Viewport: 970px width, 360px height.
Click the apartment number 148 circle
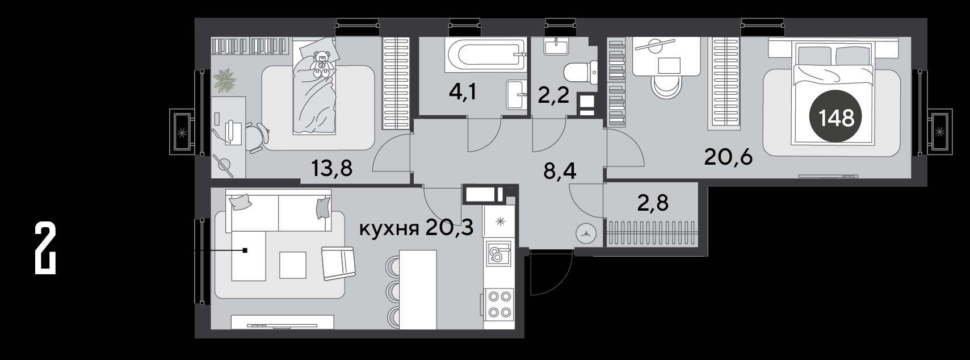pyautogui.click(x=836, y=116)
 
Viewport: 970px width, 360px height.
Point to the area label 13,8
pyautogui.click(x=332, y=168)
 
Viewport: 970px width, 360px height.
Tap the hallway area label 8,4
pyautogui.click(x=560, y=171)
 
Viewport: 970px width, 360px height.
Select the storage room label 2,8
pyautogui.click(x=653, y=202)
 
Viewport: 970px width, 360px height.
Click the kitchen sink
pyautogui.click(x=498, y=254)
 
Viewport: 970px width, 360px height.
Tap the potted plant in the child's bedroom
pyautogui.click(x=225, y=80)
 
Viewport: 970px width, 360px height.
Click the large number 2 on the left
pyautogui.click(x=45, y=248)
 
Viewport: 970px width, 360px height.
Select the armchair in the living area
pyautogui.click(x=338, y=263)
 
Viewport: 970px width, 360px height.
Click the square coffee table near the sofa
pyautogui.click(x=293, y=265)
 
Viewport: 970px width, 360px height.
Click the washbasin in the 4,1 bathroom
pyautogui.click(x=517, y=94)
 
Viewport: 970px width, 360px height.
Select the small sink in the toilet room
pyautogui.click(x=555, y=47)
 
